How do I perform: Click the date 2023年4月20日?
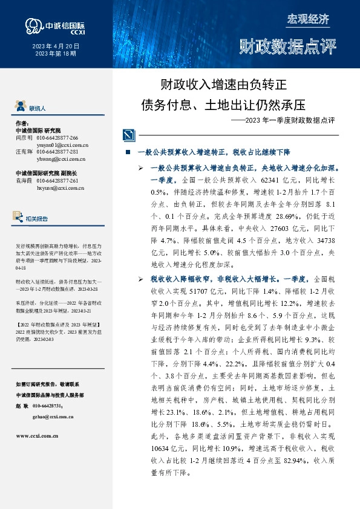coord(54,46)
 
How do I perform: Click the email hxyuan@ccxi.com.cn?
coord(62,189)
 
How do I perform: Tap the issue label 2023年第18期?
coord(54,54)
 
